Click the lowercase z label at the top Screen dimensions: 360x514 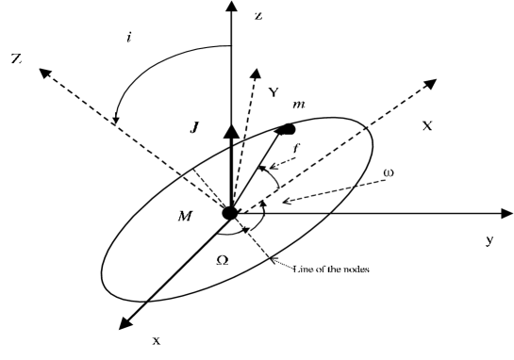[258, 16]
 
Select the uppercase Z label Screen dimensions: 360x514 [16, 58]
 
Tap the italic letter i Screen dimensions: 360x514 [128, 39]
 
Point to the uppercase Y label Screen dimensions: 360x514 [274, 91]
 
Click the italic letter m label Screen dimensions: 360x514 [301, 101]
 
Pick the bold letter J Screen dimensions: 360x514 [193, 124]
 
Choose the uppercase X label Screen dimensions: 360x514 [427, 123]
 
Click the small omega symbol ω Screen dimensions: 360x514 [389, 172]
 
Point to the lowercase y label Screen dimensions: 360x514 [489, 240]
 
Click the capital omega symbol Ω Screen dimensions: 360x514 [223, 259]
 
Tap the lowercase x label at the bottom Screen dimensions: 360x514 [157, 340]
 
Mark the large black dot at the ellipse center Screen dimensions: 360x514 [230, 214]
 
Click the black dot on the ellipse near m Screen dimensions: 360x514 [286, 127]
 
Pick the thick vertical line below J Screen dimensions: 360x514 [230, 174]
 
